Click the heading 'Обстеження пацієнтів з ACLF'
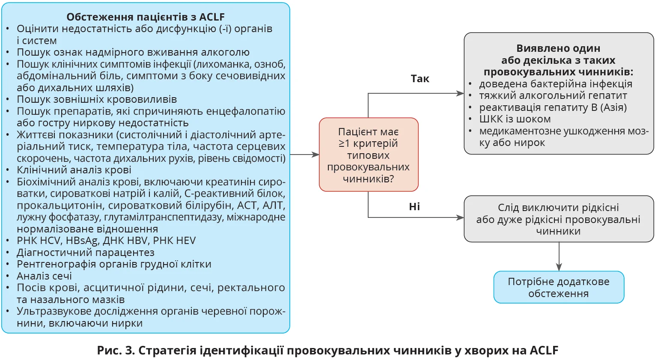tap(146, 17)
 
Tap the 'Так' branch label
tap(420, 79)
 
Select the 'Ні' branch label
tap(414, 207)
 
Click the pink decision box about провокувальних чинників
tap(368, 155)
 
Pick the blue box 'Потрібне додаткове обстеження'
tap(559, 287)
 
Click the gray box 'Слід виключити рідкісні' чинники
tap(559, 219)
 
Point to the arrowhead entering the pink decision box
tap(316, 155)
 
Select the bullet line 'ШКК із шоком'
tap(515, 119)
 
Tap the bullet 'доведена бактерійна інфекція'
tap(556, 84)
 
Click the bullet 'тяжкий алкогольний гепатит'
tap(553, 95)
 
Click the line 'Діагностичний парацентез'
tap(86, 253)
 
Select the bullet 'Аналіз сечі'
tap(44, 276)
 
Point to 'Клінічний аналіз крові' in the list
tap(74, 170)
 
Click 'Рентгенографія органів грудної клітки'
tap(114, 264)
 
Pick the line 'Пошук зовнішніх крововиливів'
tap(97, 99)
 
